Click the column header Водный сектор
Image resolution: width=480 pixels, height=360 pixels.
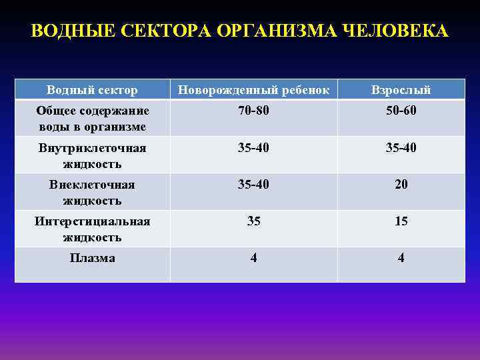(92, 90)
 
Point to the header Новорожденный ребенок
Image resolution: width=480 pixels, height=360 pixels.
(253, 90)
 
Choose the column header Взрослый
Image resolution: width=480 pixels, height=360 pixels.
(401, 90)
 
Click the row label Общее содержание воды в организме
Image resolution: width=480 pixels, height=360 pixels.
(92, 118)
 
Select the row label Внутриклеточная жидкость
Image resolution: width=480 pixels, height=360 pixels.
(92, 155)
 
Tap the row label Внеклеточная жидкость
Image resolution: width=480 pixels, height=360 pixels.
(92, 192)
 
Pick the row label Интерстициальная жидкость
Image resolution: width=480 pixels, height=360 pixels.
(92, 229)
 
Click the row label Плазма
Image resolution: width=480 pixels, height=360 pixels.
(92, 258)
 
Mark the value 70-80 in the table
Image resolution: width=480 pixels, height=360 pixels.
(253, 111)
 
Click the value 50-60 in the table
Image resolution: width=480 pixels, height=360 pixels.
(401, 111)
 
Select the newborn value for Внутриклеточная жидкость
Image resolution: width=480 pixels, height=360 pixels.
(253, 147)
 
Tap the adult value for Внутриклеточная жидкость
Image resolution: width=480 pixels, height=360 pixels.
(401, 147)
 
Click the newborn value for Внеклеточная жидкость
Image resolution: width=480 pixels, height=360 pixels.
(253, 185)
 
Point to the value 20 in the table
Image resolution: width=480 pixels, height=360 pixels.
(401, 185)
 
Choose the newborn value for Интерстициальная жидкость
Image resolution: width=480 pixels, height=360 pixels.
(253, 221)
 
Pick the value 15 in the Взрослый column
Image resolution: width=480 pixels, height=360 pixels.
(401, 221)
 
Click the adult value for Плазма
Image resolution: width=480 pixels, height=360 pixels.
(401, 258)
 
